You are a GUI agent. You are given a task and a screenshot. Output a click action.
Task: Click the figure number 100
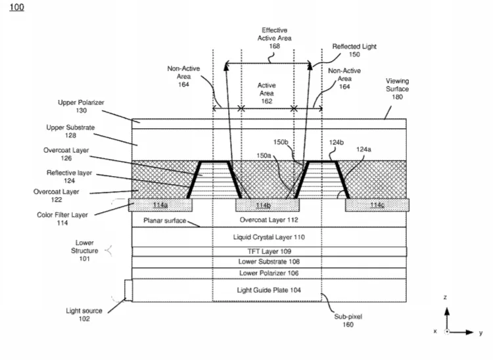coord(16,7)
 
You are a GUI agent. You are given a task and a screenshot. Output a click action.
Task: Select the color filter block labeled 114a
coord(160,205)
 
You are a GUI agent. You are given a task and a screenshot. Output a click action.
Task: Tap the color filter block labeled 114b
coord(268,205)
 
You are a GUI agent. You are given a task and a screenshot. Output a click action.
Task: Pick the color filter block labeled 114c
coord(377,205)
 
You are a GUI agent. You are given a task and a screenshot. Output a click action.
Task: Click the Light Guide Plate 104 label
coord(269,290)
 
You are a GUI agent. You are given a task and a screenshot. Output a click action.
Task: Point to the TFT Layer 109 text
coord(269,252)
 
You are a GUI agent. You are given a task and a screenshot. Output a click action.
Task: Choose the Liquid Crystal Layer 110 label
coord(269,237)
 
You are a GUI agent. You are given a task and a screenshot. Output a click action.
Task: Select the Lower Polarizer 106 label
coord(269,273)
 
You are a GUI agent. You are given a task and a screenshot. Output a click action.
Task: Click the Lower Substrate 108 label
coord(269,261)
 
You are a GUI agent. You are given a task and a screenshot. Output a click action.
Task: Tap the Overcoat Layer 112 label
coord(269,220)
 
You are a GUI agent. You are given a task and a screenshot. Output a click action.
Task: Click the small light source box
coord(128,290)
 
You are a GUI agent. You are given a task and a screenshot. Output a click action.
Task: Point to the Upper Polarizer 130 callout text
coord(81,106)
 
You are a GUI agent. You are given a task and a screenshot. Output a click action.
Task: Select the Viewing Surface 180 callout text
coord(397,89)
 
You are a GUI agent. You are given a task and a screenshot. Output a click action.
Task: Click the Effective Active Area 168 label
coord(275,38)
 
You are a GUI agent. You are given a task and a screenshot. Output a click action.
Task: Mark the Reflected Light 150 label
coord(354,51)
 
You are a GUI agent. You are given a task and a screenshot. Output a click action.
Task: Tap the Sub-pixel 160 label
coord(348,321)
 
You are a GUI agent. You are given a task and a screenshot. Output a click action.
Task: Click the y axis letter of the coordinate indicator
coord(481,333)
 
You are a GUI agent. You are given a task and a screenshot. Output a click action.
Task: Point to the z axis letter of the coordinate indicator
coord(445,297)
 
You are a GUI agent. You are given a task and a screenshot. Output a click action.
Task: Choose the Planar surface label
coord(165,221)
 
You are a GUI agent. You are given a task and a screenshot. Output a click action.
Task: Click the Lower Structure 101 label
coord(84,251)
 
